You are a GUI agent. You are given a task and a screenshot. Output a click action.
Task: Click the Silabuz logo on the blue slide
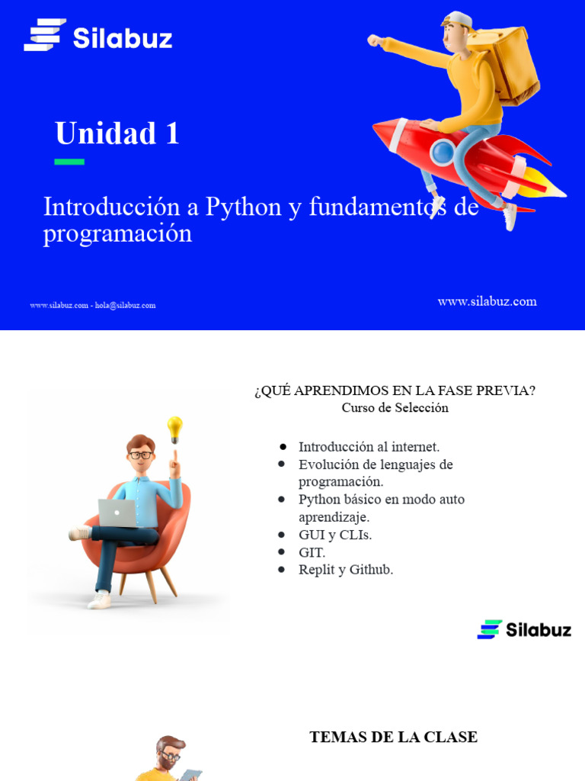coord(97,36)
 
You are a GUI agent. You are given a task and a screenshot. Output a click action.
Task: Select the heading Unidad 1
coord(117,133)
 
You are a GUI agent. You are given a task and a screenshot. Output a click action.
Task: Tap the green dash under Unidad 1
coord(69,162)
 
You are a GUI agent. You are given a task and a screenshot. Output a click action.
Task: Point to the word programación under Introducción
coord(117,233)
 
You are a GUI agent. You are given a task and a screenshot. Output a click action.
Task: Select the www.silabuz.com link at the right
coord(487,301)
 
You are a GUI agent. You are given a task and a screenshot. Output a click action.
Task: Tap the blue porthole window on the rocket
coord(442,153)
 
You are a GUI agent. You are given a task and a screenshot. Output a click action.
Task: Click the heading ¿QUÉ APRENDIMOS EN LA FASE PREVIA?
coord(395,390)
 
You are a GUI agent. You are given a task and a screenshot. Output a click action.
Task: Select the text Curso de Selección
coord(395,408)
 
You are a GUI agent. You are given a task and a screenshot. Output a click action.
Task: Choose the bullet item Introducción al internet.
coord(369,447)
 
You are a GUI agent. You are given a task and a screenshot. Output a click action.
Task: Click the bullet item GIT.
coord(312,552)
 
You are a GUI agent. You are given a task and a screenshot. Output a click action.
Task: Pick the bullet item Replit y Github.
coord(346,570)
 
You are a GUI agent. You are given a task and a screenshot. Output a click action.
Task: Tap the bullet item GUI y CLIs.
coord(335,535)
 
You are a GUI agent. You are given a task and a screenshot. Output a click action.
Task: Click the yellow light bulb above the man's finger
coord(174,427)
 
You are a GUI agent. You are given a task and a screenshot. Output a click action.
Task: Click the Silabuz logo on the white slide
coord(524,629)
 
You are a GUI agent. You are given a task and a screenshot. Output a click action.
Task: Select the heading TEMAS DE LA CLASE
coord(393,737)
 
